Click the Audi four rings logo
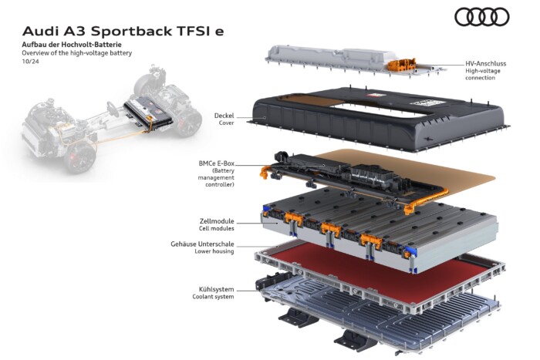coord(482,16)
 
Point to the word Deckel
coord(224,116)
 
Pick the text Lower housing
coord(213,252)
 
